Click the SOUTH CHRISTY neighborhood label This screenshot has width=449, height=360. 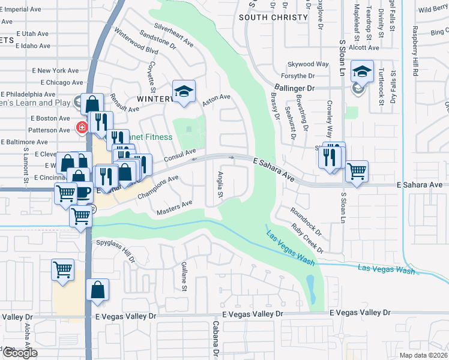273,17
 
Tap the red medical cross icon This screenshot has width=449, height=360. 82,127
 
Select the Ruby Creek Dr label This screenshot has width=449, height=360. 307,238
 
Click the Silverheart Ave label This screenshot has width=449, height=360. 173,35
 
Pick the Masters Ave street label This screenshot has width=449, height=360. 174,208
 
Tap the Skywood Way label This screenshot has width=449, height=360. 309,64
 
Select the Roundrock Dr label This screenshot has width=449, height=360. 306,220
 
